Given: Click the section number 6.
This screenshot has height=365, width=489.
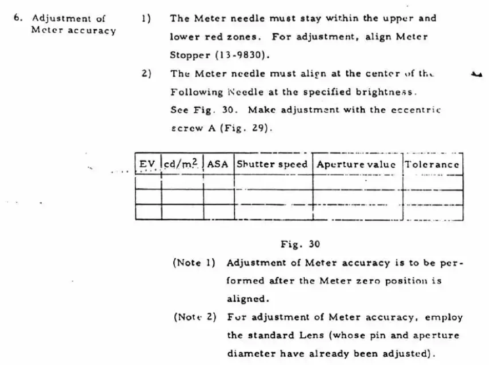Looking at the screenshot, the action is (18, 18).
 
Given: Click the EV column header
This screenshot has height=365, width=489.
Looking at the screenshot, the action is (147, 164).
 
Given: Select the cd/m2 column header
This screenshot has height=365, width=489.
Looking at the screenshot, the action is (180, 163).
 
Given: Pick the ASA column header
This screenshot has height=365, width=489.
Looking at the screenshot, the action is (218, 164).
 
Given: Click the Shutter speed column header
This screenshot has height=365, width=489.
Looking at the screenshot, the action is (272, 164).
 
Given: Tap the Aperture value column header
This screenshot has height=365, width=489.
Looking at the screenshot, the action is (356, 164).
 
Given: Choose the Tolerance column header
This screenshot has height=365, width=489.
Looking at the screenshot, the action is (432, 164).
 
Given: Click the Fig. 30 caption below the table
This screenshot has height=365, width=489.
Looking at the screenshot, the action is (300, 244).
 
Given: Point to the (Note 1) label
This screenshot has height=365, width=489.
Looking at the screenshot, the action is (194, 263).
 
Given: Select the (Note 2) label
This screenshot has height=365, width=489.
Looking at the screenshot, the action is (195, 317).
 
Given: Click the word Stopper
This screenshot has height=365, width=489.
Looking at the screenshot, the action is (190, 56).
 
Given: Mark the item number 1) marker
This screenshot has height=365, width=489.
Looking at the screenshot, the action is (146, 19).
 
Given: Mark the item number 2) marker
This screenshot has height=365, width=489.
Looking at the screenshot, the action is (147, 74).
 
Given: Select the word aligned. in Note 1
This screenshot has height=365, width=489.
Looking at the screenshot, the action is (248, 299).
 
